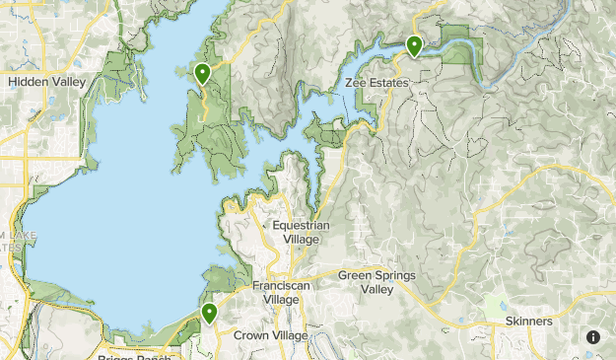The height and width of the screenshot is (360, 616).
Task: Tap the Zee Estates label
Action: tap(376, 83)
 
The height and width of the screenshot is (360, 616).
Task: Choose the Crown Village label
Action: tap(271, 335)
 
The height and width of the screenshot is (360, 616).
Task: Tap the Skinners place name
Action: tap(528, 322)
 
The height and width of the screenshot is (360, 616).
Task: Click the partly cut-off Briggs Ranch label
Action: tap(136, 357)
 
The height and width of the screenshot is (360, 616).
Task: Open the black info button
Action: tap(593, 337)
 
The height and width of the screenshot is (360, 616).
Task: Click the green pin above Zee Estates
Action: tap(414, 45)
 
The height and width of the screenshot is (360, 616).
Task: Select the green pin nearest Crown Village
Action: tap(209, 314)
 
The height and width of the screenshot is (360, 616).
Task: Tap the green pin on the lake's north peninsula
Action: tap(202, 73)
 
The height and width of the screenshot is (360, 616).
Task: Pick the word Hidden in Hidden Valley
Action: tap(29, 83)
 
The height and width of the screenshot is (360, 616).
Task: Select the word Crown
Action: tap(251, 335)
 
